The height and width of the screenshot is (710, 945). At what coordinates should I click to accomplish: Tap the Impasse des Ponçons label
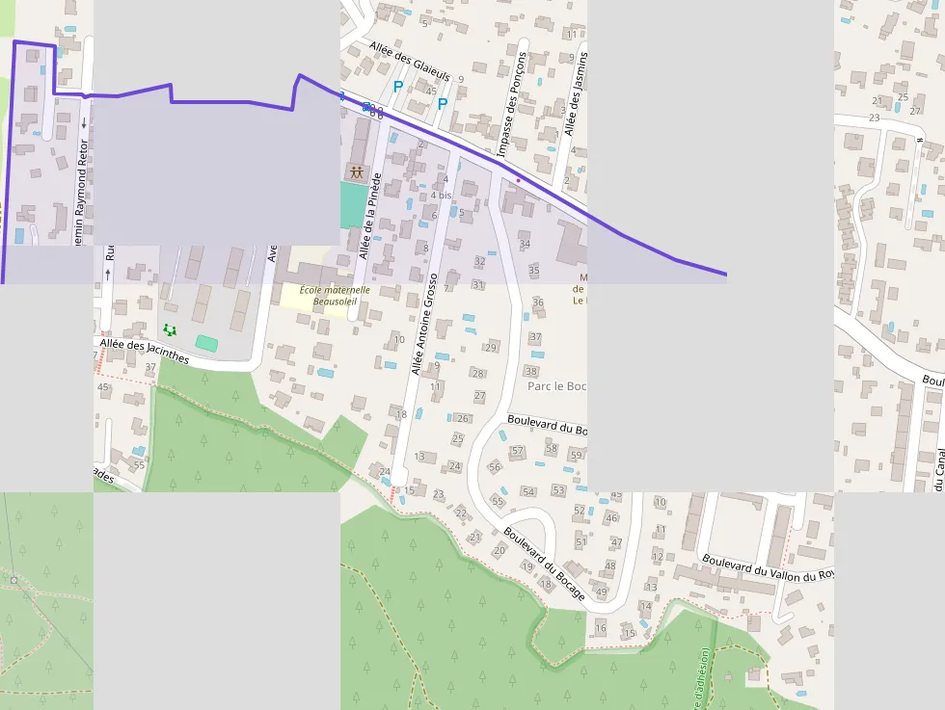(512, 104)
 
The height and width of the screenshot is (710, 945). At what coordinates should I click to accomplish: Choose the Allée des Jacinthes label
(144, 350)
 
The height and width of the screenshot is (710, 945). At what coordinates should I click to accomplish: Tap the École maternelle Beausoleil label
(335, 295)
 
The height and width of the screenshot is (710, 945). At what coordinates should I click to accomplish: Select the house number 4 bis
(441, 196)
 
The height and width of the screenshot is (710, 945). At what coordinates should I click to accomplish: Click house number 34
(525, 244)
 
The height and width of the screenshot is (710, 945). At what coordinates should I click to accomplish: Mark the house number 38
(531, 371)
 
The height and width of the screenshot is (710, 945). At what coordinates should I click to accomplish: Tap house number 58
(552, 448)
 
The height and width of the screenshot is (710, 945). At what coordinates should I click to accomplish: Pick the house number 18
(401, 414)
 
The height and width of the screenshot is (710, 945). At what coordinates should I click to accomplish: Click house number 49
(602, 592)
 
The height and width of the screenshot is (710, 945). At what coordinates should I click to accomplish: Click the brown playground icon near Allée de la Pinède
(357, 173)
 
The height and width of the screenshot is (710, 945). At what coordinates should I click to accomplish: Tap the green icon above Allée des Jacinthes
(171, 330)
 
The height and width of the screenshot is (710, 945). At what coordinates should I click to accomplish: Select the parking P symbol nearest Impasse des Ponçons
(443, 103)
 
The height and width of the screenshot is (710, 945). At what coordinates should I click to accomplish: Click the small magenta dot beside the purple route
(518, 179)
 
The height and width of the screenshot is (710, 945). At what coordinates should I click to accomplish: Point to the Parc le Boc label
(557, 386)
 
